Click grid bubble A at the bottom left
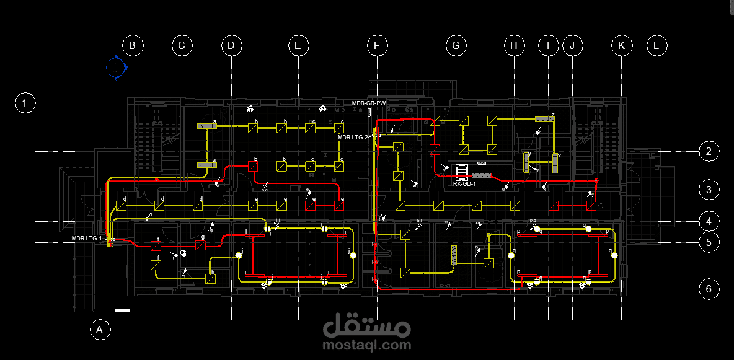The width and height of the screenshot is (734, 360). point(99,330)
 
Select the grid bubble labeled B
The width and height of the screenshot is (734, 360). point(133,45)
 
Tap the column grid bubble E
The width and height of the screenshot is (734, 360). point(298,45)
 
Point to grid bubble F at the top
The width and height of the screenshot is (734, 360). point(376,45)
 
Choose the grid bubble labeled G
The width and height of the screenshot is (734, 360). point(456,45)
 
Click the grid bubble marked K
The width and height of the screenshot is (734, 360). point(621,45)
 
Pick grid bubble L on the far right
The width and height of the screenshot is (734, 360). point(657,45)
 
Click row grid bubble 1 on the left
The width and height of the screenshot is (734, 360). point(25,102)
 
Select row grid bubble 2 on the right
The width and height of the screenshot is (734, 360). point(709,151)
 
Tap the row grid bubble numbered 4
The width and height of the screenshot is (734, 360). point(709,221)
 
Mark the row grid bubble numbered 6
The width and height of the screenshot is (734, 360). point(709,289)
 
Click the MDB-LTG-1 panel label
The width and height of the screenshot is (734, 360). point(87,239)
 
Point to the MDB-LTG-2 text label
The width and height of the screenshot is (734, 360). point(353,138)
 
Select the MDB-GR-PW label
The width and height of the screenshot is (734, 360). point(369,103)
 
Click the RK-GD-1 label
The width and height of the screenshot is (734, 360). point(464,183)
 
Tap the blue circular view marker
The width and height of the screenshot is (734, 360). point(116,67)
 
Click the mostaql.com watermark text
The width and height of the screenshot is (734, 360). point(366,345)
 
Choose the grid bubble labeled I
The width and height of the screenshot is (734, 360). point(548,45)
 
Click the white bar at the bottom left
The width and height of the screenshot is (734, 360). point(123,309)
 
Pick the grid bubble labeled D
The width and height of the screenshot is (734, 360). point(231,45)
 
